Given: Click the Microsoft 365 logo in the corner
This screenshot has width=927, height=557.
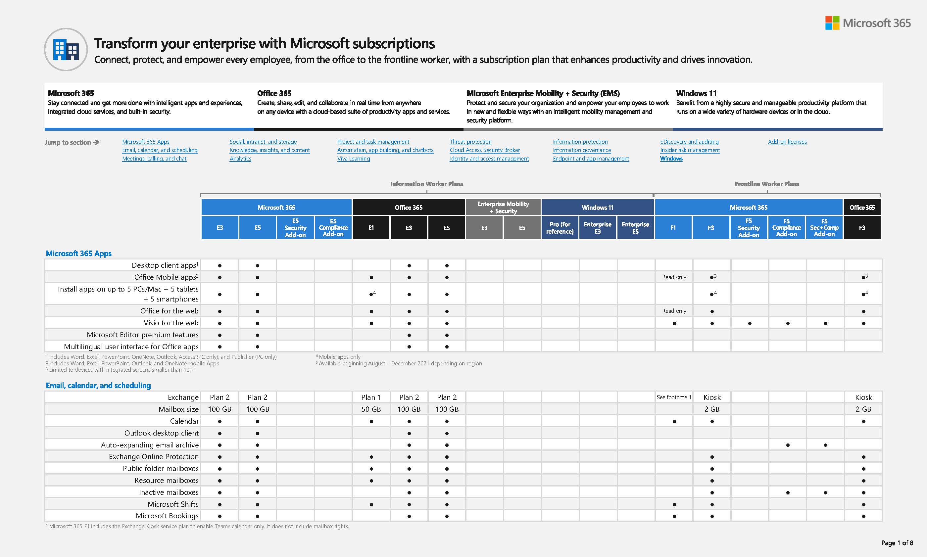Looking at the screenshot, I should point(868,23).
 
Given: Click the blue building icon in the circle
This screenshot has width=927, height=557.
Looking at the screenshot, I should point(66,50).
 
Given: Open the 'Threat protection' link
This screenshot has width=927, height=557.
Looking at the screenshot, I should point(470,142).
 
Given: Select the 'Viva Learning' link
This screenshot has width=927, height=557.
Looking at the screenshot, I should point(353,159).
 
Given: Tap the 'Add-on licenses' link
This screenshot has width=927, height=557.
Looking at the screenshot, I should point(787,142).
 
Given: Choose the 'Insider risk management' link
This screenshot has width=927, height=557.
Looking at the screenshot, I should point(690,150).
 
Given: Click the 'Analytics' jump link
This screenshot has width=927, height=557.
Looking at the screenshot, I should point(240,159).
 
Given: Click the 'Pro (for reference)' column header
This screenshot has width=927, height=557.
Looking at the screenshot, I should point(560,228).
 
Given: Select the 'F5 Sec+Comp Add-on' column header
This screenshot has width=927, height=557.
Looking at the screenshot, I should point(824,228).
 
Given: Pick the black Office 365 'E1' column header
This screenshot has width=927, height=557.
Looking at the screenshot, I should point(371,228).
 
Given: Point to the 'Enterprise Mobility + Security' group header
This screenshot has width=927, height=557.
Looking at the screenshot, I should point(503,207).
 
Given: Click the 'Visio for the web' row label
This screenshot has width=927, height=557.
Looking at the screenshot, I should point(171,323).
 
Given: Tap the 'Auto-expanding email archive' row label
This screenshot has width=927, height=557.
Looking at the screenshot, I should point(149,445).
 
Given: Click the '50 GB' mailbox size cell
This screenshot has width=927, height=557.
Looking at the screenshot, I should point(371,409).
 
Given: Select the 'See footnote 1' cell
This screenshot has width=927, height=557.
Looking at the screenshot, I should point(674,397).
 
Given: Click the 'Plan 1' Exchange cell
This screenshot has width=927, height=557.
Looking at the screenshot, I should point(371,397).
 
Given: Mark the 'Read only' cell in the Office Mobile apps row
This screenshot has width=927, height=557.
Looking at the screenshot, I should point(674,277).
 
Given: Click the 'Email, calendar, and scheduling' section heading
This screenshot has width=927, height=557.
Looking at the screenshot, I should point(98,386).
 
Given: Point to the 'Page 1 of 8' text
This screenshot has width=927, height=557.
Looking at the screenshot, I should point(897,543).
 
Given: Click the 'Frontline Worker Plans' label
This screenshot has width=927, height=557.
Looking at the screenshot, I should point(767,184).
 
